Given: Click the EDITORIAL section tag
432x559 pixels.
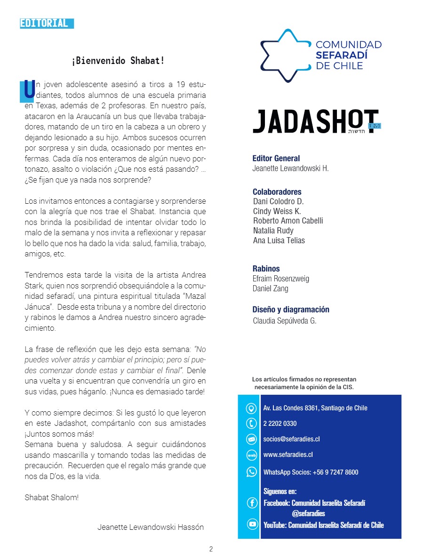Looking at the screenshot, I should point(47,23).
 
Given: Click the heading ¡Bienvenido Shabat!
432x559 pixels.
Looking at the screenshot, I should point(118,61).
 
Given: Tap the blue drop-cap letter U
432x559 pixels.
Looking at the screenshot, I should point(29,91).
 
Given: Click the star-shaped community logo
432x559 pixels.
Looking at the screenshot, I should point(285,56).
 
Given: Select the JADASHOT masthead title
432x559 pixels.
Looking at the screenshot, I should point(316,122).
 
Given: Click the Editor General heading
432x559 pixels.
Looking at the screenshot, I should point(276,159).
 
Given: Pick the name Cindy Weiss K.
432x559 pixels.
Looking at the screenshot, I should point(277,211).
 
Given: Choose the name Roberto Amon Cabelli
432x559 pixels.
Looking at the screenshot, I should point(288,221).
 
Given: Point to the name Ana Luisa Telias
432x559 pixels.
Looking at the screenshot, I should point(279,240).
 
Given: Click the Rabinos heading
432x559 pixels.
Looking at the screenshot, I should point(266,269).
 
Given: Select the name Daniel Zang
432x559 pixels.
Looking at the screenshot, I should point(270,288).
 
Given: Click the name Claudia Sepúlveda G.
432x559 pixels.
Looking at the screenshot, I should point(285,321).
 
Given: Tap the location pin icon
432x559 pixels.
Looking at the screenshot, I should point(252,408).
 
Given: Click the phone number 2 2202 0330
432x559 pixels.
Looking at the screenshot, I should point(280,423).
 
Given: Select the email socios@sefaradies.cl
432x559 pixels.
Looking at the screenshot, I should point(291,439).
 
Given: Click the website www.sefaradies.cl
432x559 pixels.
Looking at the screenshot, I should point(288,455).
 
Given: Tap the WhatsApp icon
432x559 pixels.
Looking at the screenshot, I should point(252,471).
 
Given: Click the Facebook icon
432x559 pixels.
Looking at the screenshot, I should point(252,503).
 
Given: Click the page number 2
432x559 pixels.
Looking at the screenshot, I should point(211,549).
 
